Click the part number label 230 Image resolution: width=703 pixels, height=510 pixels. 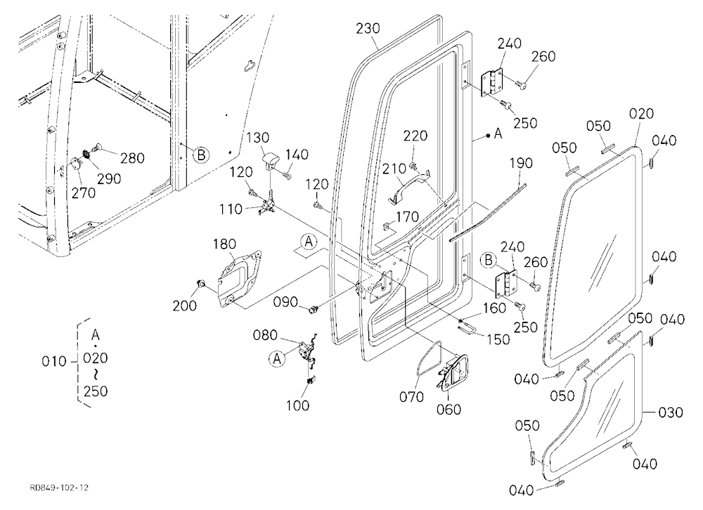tap(368, 29)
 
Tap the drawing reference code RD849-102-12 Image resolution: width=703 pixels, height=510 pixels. tap(59, 488)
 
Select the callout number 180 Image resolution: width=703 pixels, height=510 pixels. tap(224, 244)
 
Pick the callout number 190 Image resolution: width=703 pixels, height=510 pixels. tap(521, 163)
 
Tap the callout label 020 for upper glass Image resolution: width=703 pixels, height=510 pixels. tap(642, 114)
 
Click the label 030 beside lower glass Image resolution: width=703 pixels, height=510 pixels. tap(670, 412)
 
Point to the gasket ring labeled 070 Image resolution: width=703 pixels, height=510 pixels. tap(428, 358)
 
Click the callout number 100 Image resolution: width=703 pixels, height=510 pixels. tap(298, 405)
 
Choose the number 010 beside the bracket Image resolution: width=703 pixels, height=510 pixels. tap(54, 361)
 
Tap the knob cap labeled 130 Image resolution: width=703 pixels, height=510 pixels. tap(271, 160)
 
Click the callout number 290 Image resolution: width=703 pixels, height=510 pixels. tap(110, 179)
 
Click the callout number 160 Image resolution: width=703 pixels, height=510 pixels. tap(494, 308)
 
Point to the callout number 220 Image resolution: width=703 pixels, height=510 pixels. tap(415, 136)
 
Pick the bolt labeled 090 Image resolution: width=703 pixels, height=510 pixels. tap(313, 309)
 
